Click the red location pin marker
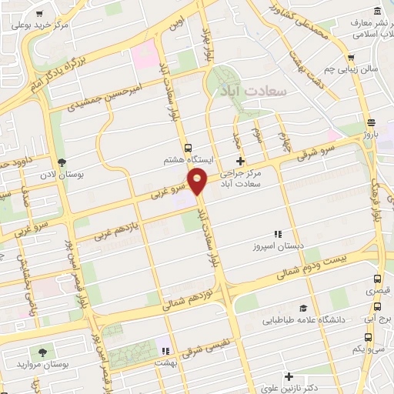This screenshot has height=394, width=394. [198, 181]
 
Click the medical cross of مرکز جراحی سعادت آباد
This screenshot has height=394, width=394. [241, 161]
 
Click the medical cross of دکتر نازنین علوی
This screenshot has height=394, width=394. [289, 376]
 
